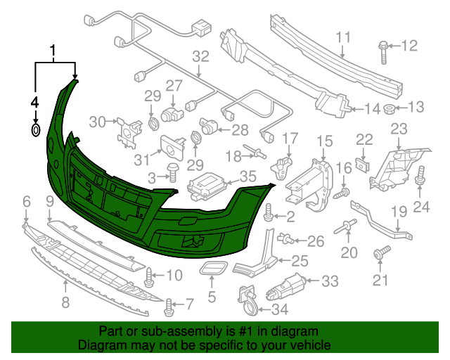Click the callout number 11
coord(342,37)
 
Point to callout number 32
coord(201,56)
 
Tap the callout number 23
coord(399,129)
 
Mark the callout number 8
coord(65,304)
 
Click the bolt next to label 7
coord(168,305)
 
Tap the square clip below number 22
coord(363,165)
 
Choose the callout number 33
coord(330,281)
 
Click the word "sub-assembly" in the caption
coord(173,330)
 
